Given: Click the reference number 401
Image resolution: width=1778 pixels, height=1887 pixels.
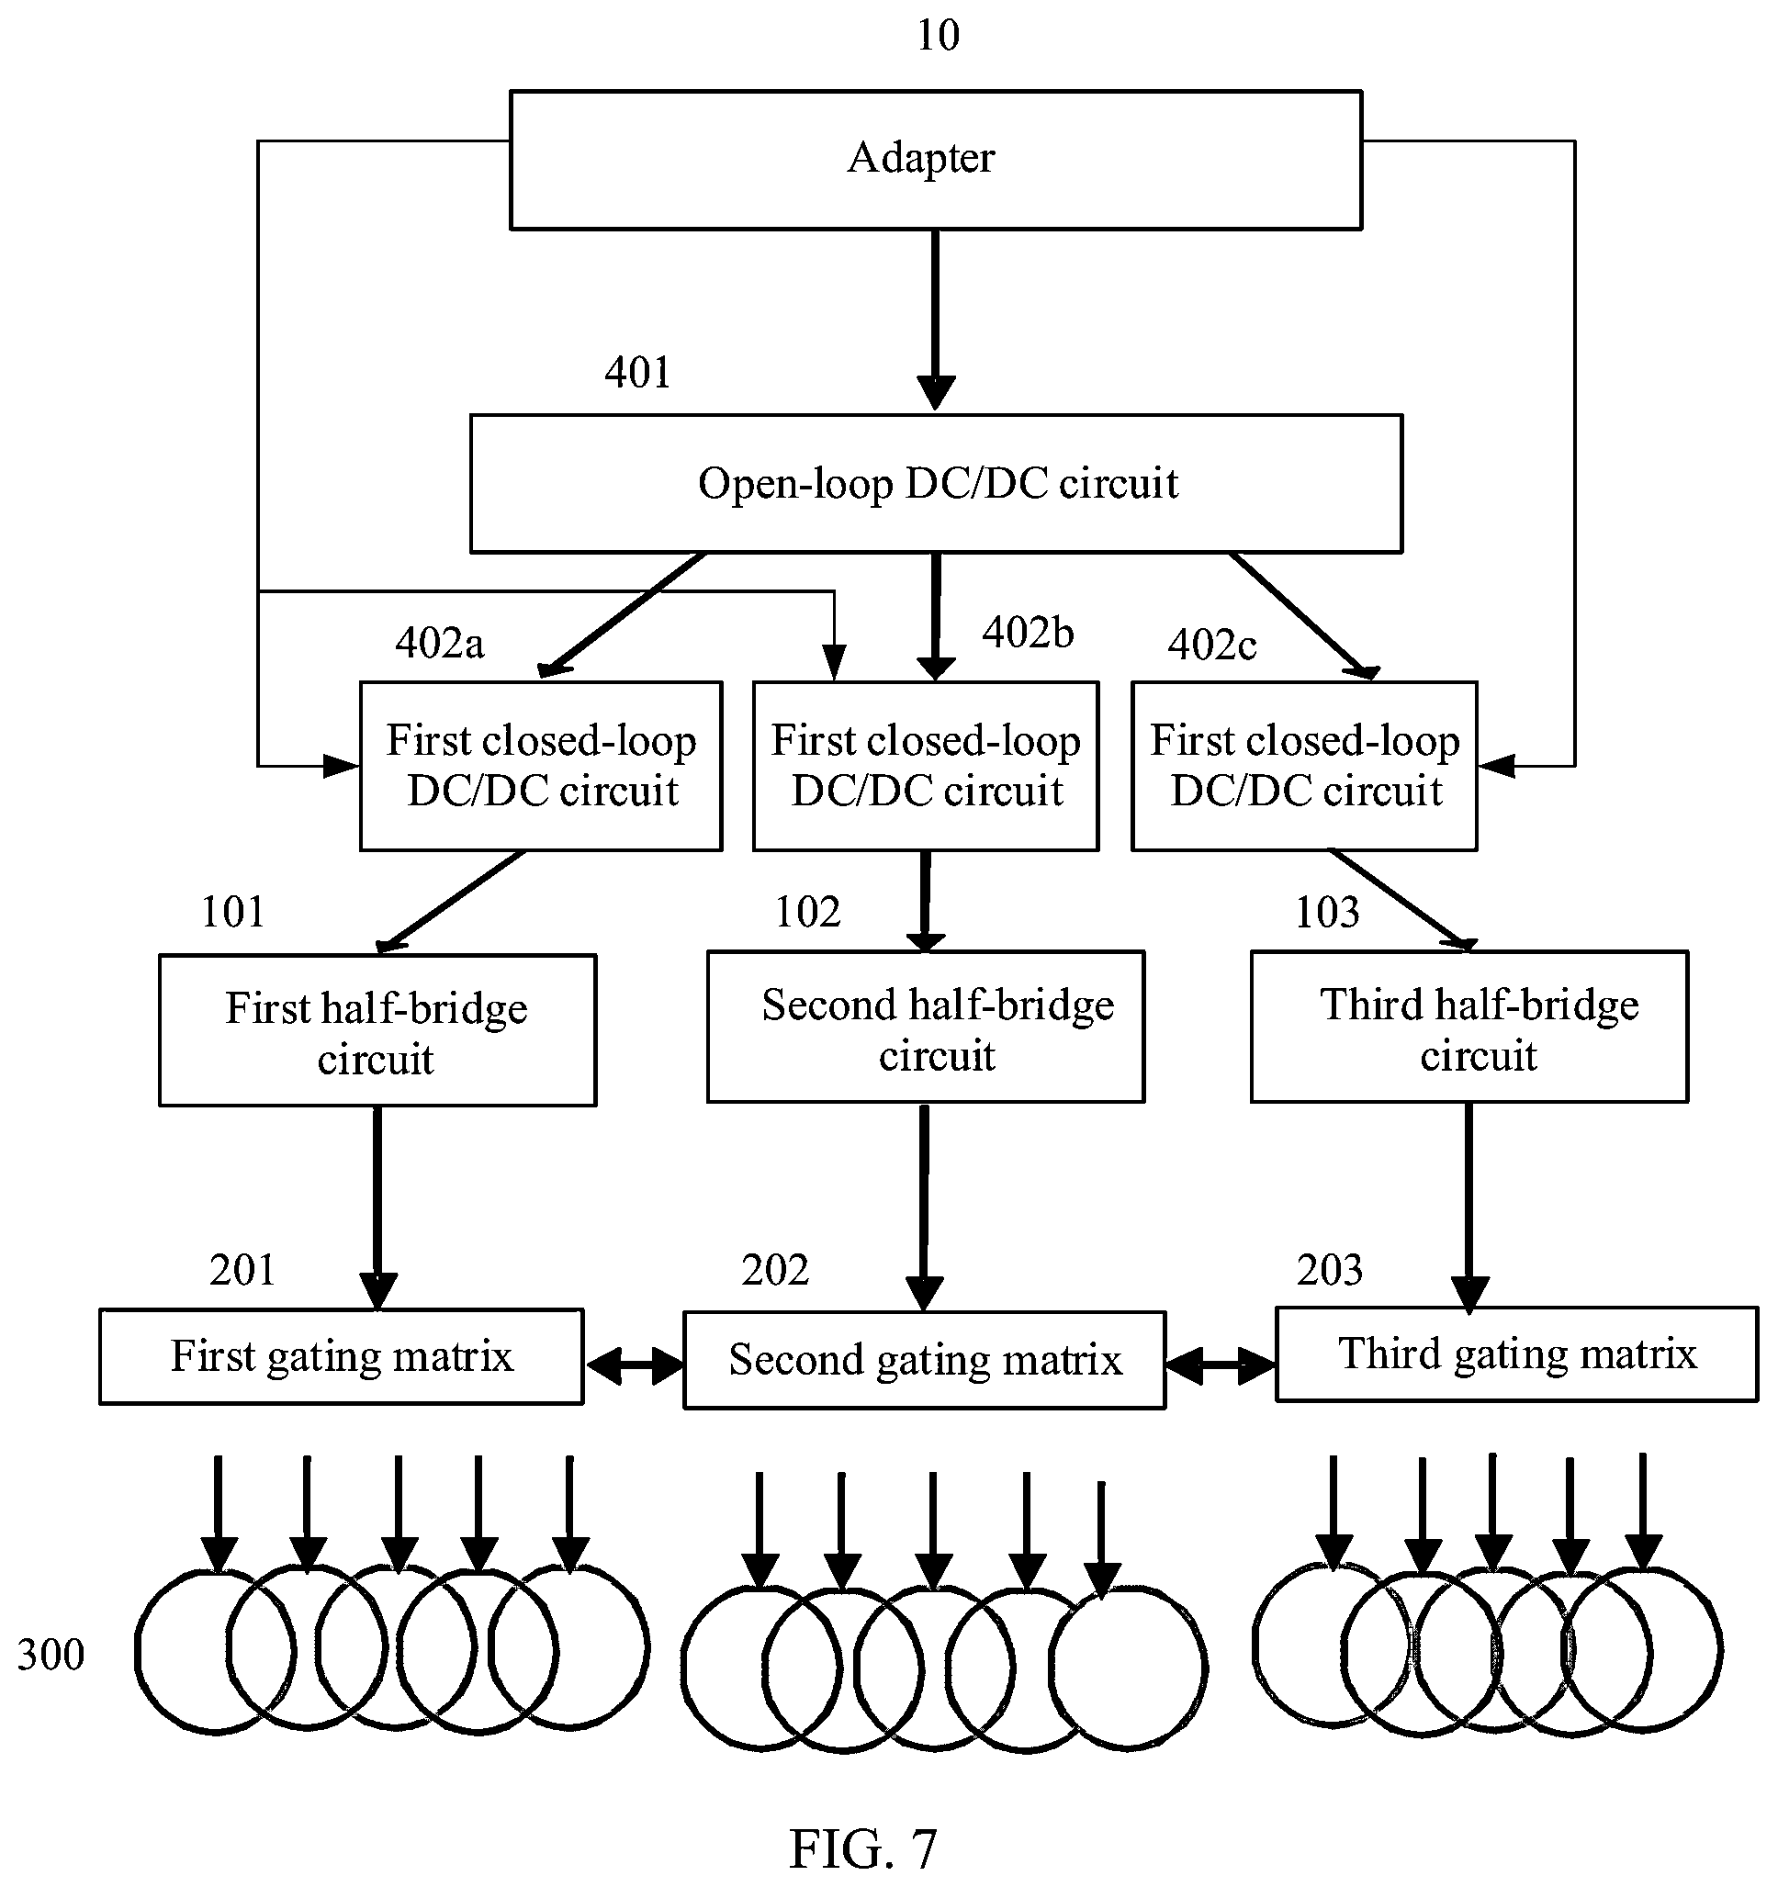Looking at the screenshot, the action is coord(638,372).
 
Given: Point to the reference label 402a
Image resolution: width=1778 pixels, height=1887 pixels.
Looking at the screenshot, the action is coord(440,644).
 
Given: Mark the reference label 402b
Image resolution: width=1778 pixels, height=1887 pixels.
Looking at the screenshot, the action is coord(1028,632).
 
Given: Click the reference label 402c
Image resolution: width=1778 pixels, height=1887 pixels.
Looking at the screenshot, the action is coord(1212,646).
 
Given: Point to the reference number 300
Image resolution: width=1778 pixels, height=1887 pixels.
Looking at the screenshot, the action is coord(51,1655).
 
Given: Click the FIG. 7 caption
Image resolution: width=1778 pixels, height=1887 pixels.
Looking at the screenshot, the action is coord(863,1849).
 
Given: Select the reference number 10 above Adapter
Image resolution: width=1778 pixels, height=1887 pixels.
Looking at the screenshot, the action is coord(938,36).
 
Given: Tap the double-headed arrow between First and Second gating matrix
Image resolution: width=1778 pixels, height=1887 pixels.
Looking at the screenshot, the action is coord(634,1365).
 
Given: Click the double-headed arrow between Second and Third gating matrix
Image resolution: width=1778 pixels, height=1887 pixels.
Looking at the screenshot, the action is coord(1221,1365).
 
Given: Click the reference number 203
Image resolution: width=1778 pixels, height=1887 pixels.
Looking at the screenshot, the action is coord(1330,1270).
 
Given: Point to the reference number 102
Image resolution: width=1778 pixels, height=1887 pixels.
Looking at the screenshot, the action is coord(808,912).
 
